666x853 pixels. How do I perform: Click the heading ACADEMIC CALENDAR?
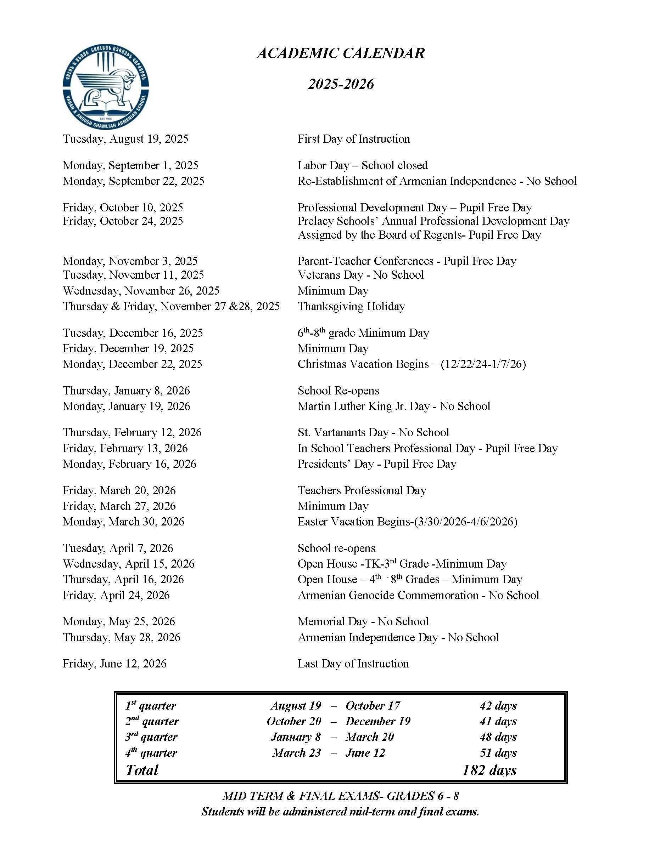pos(340,53)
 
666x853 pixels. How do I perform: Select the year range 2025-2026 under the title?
pos(341,84)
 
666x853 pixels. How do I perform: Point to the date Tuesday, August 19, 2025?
pos(125,139)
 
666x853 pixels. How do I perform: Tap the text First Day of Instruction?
pos(354,139)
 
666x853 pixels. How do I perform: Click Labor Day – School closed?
pos(362,166)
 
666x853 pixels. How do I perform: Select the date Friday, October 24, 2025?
pos(123,221)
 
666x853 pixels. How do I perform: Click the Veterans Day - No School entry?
pos(360,275)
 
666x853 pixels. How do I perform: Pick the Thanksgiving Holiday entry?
pos(351,306)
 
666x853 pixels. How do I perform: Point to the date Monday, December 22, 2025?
pos(133,364)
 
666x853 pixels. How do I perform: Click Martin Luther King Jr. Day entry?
pos(393,406)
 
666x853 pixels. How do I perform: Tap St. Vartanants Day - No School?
pos(373,432)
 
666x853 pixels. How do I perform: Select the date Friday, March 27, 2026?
pos(119,506)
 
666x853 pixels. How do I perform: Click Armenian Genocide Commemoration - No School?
pos(418,595)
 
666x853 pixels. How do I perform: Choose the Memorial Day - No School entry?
pos(363,621)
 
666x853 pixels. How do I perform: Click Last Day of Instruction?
pos(353,664)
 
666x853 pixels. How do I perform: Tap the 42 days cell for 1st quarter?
pos(498,706)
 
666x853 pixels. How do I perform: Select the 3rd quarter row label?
pos(151,737)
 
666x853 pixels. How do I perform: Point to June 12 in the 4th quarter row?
pos(365,753)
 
